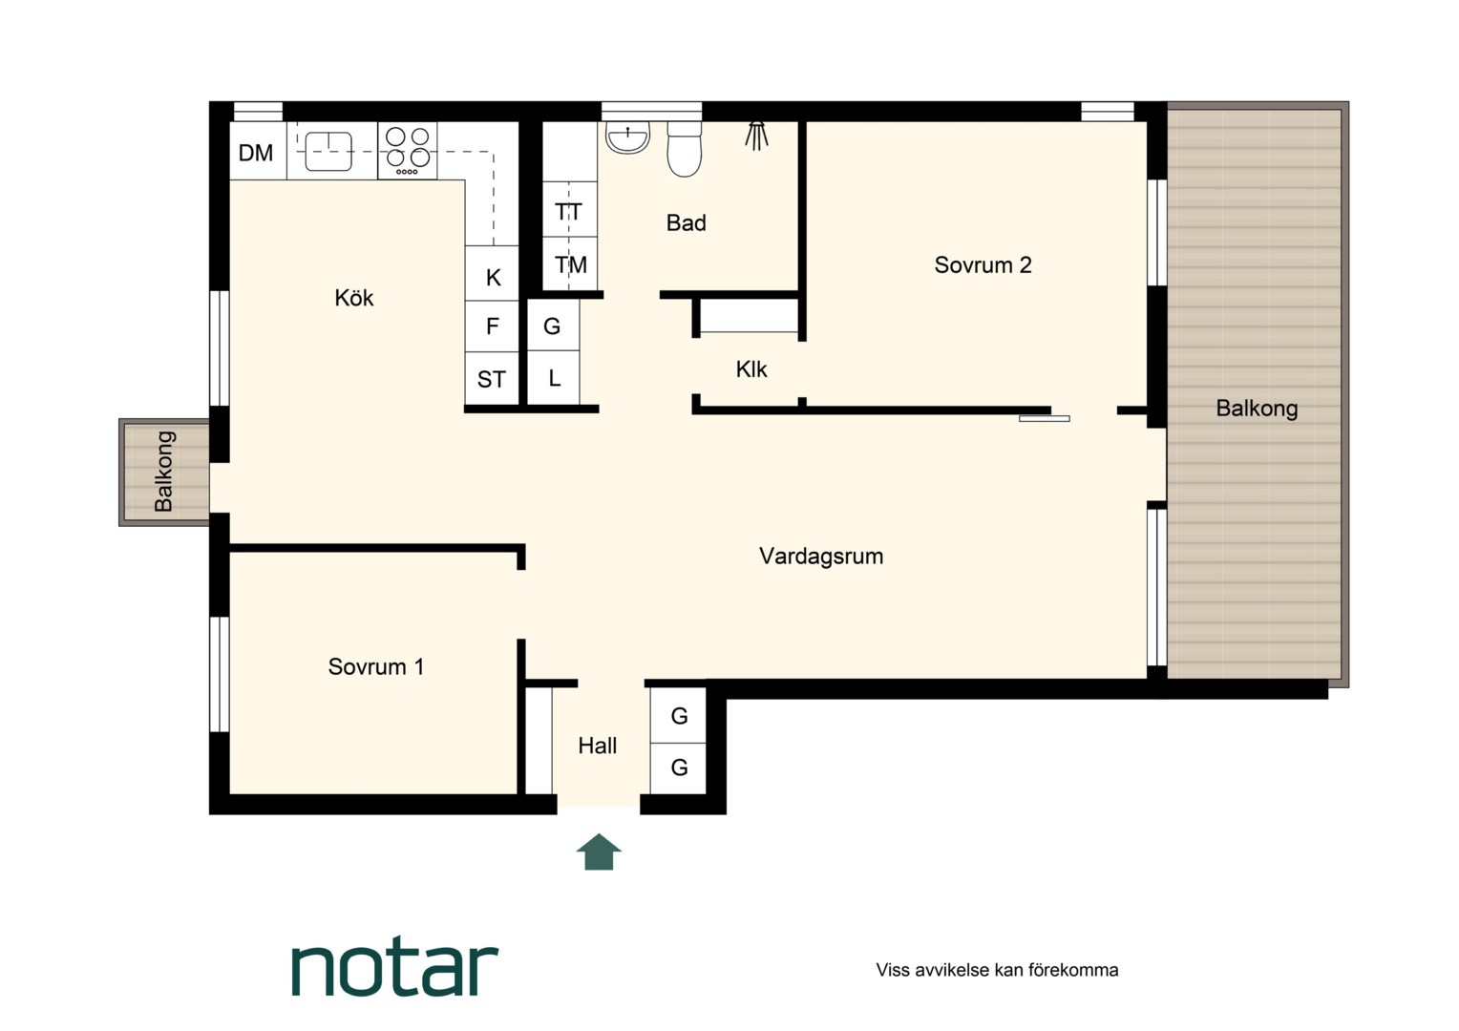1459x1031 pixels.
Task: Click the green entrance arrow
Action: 599,852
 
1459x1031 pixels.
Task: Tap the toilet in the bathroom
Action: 684,149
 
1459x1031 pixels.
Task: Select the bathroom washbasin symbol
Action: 627,137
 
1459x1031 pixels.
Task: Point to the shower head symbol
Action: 756,137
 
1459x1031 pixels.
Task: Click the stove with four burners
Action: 408,151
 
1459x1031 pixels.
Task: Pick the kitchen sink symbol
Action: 328,151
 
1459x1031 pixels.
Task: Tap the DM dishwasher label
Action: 255,153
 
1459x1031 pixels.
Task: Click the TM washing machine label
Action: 571,265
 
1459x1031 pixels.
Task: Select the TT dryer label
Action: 569,212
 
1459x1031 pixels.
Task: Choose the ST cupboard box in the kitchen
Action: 492,378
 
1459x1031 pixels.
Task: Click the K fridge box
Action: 492,273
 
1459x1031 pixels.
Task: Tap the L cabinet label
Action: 555,378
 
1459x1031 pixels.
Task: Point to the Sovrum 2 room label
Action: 983,265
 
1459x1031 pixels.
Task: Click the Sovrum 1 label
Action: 376,667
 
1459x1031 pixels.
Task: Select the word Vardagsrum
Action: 821,557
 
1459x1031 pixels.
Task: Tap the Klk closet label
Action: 751,370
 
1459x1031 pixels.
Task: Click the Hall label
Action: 598,746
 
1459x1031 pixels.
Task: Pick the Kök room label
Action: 353,298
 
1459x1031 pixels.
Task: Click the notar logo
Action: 394,970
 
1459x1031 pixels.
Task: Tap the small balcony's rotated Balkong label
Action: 163,472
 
